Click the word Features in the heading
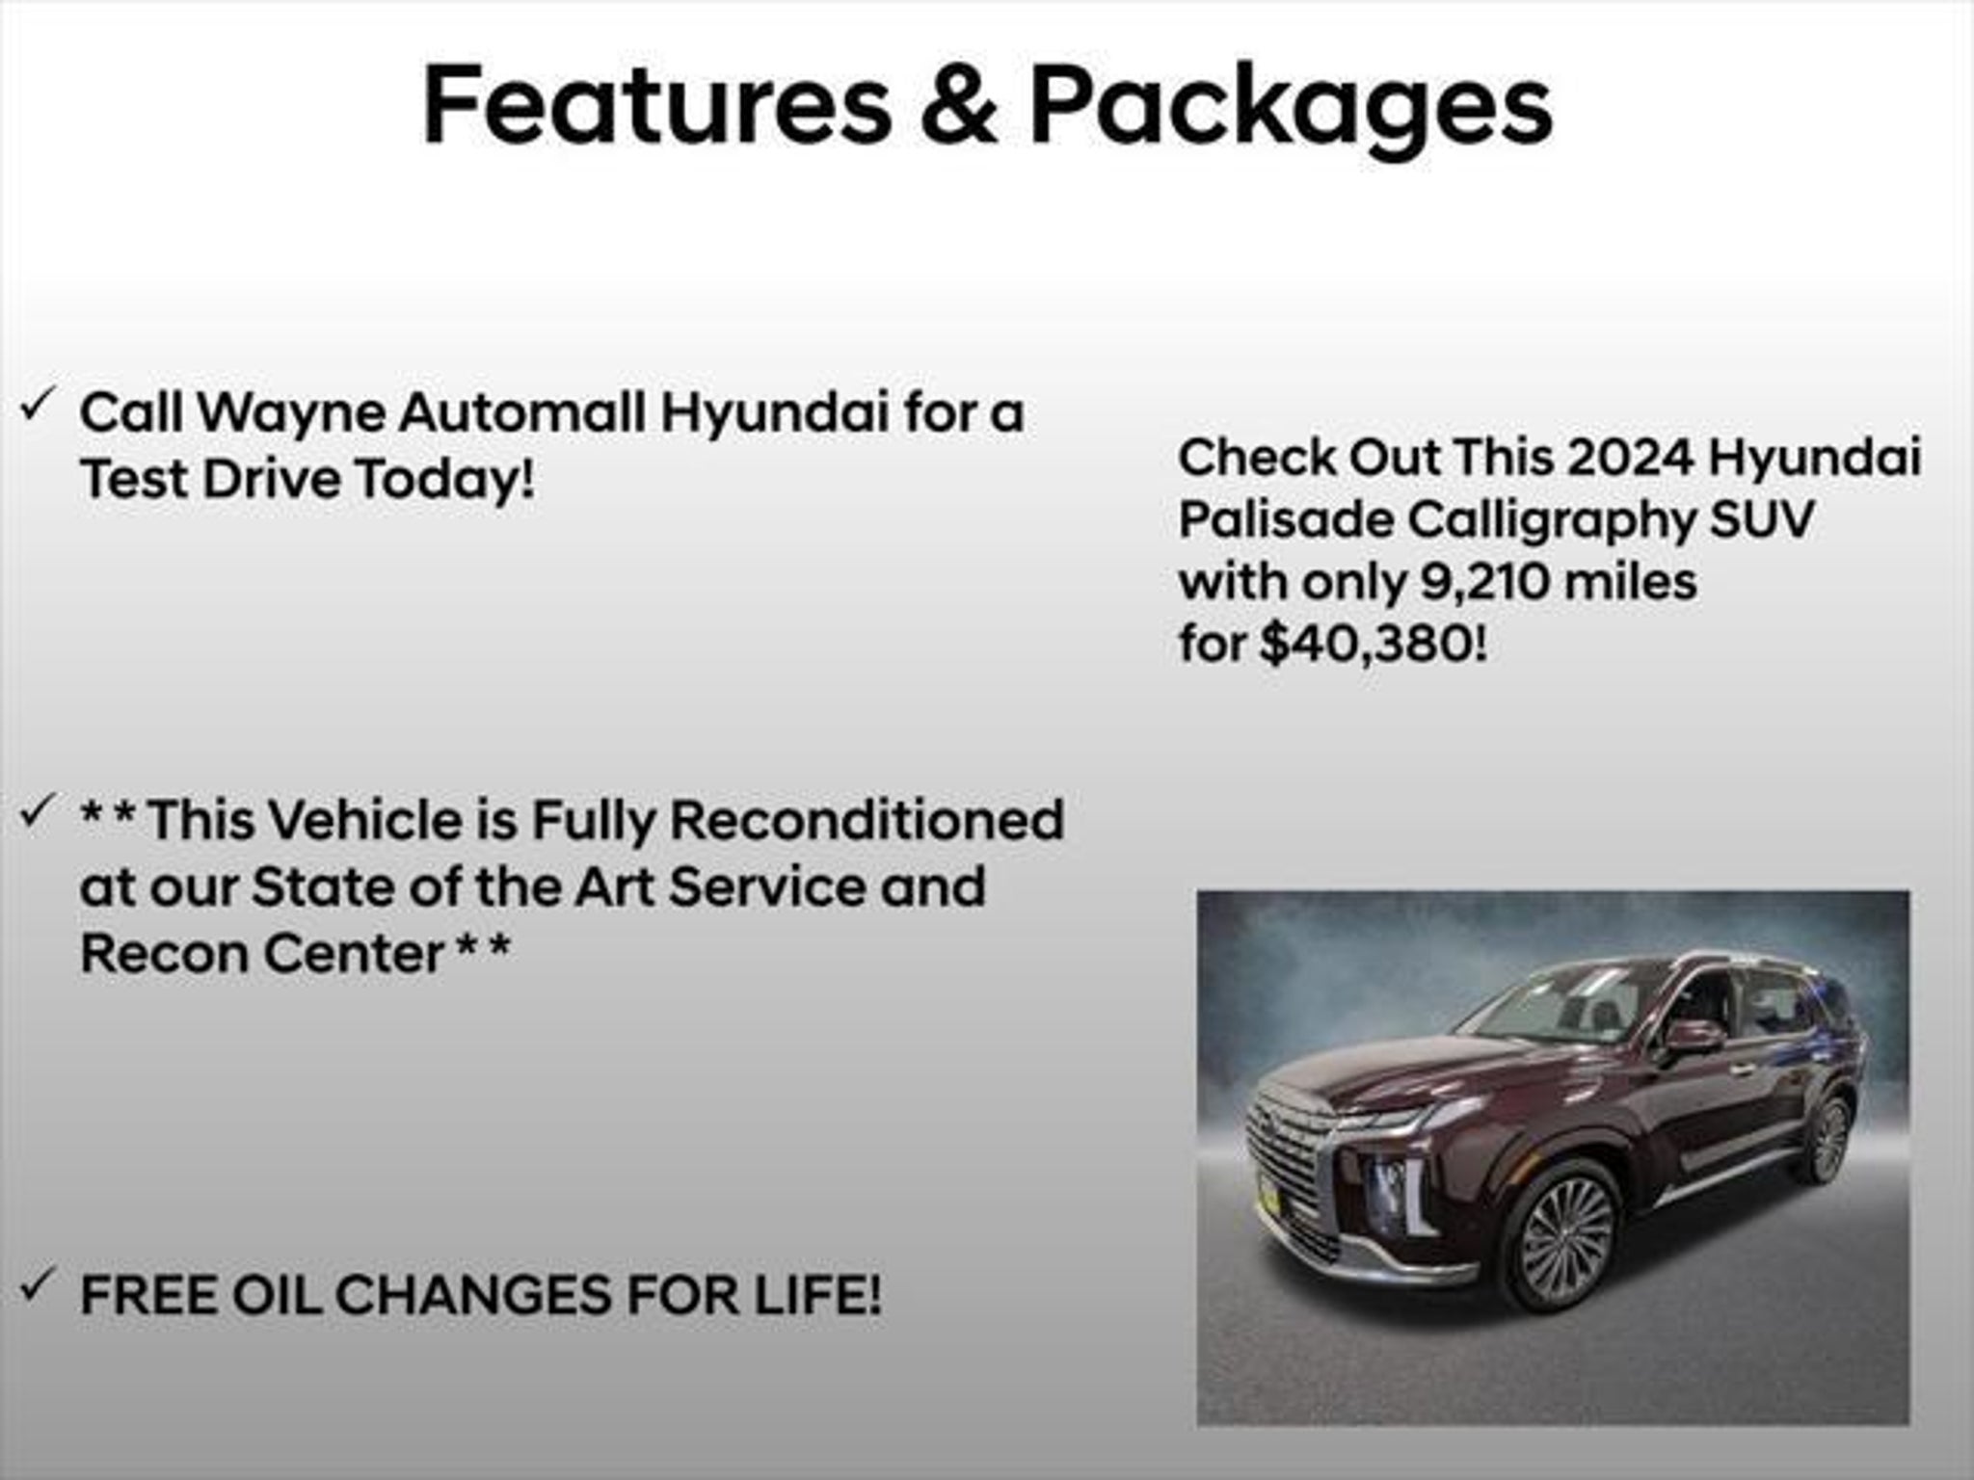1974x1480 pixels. (657, 105)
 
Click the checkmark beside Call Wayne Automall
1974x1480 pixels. (36, 406)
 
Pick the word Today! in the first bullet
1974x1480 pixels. (444, 478)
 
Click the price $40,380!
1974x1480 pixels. (1373, 643)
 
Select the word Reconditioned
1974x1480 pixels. (867, 820)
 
